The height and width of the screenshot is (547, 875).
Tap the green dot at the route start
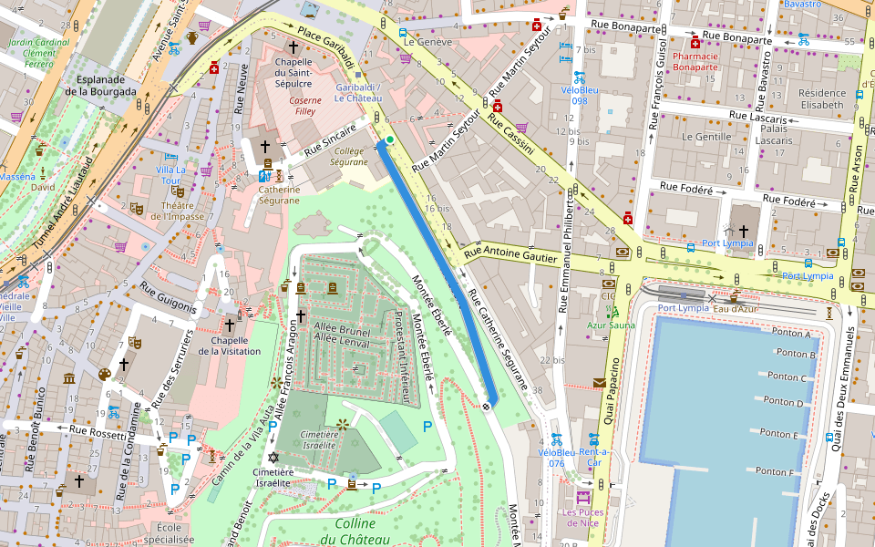coord(389,139)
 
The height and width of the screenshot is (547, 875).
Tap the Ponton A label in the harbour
coord(790,334)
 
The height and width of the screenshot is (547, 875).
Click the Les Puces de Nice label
coord(582,517)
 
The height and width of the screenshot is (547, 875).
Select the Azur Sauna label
coord(611,325)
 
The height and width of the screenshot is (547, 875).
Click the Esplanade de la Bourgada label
coord(101,85)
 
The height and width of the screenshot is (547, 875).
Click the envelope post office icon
coord(600,383)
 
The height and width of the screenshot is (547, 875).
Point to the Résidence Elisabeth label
coord(821,98)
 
